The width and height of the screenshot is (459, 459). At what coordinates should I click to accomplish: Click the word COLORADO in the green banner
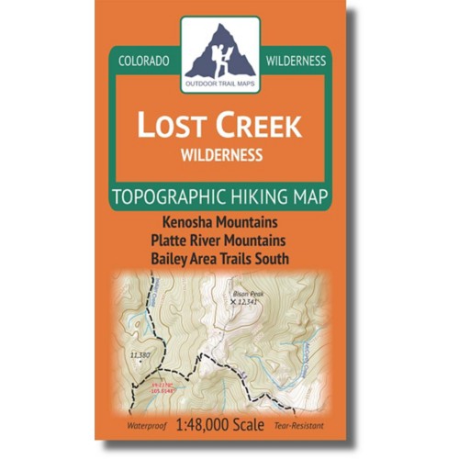point(145,61)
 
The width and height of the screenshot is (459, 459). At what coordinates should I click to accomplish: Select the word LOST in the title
point(171,126)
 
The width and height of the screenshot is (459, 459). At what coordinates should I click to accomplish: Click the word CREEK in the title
point(260,126)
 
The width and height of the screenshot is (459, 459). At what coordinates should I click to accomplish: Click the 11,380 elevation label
point(140,353)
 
